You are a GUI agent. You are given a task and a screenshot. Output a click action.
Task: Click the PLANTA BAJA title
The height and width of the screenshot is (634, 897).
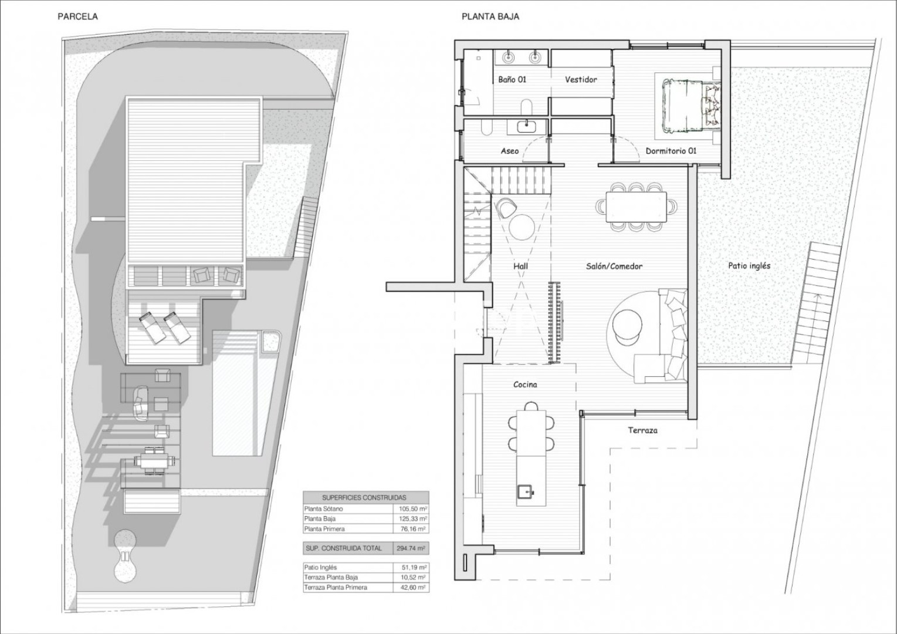[x=490, y=16]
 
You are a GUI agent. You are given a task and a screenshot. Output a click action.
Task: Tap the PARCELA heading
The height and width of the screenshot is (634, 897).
[x=77, y=16]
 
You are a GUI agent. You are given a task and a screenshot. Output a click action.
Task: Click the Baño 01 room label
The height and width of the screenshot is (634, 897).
[x=512, y=79]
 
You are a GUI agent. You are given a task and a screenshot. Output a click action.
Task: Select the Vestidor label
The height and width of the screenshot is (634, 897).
[x=581, y=79]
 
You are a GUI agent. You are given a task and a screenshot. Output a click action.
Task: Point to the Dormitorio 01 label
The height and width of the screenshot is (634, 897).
[x=671, y=151]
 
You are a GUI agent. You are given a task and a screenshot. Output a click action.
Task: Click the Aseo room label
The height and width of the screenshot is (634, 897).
[x=509, y=151]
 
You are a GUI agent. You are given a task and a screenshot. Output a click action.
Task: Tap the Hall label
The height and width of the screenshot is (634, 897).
[x=520, y=266]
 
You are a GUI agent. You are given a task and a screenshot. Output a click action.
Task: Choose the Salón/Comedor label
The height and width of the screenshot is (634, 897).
[x=614, y=266]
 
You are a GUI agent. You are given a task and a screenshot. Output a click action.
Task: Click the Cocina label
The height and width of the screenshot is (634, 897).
[x=525, y=385]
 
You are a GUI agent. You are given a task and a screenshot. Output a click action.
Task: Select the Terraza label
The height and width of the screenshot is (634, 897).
[x=642, y=430]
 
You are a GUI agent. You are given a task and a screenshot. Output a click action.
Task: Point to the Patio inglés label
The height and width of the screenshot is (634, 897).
[x=749, y=265]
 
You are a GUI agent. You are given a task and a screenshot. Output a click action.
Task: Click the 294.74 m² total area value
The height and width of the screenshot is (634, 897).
[x=411, y=548]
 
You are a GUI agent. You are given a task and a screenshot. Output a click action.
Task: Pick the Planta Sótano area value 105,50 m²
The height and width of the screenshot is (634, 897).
[x=413, y=509]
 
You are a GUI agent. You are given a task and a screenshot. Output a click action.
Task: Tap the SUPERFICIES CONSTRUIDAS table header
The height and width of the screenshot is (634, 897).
[x=364, y=498]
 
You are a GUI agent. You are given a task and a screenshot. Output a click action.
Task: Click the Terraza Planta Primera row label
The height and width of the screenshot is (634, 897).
[x=335, y=588]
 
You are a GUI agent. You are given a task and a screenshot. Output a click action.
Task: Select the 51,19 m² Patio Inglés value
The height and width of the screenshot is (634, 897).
[x=414, y=568]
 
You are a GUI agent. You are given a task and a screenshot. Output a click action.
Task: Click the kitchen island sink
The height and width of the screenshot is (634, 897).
[x=526, y=491]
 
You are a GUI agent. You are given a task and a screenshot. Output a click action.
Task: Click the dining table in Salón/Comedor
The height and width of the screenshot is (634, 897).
[x=636, y=207]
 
